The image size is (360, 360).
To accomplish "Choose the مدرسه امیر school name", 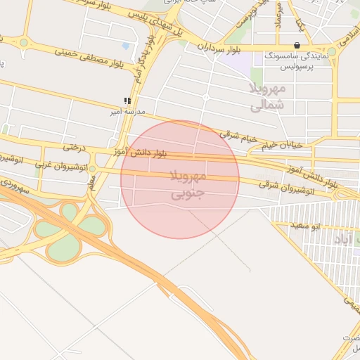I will point(127,111).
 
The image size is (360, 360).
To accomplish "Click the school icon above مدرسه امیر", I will point(127,101).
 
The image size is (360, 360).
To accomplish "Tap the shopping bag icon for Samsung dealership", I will point(297,46).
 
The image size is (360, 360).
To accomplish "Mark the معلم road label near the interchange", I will point(91,182).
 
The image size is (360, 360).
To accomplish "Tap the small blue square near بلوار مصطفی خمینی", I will point(126,46).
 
